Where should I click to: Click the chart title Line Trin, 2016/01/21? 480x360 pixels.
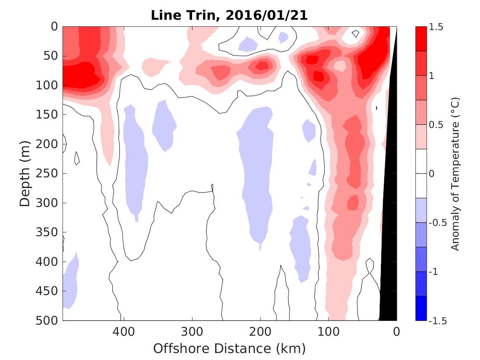point(230,15)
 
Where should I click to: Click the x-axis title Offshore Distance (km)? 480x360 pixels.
point(230,349)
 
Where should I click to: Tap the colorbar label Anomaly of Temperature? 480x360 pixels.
point(455,173)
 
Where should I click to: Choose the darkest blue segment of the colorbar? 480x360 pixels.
point(421,308)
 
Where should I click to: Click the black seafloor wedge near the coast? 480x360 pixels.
point(389,247)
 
